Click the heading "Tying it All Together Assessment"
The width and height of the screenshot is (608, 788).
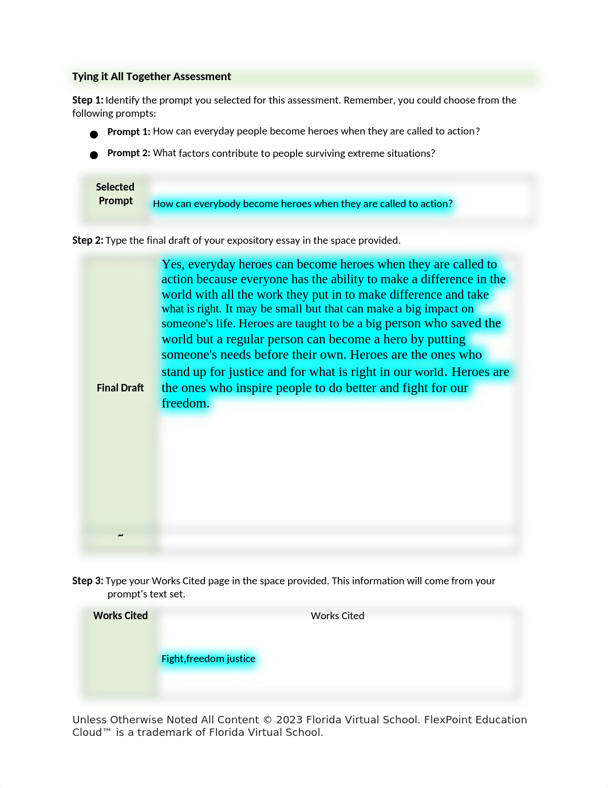pyautogui.click(x=151, y=77)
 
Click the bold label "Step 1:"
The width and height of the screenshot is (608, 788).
pyautogui.click(x=88, y=100)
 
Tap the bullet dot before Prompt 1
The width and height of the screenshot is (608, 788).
pyautogui.click(x=94, y=134)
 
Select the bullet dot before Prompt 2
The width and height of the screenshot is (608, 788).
pyautogui.click(x=94, y=155)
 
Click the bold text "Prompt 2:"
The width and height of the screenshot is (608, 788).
pyautogui.click(x=129, y=153)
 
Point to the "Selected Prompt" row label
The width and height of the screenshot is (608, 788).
pyautogui.click(x=115, y=194)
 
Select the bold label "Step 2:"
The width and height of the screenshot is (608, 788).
pyautogui.click(x=88, y=240)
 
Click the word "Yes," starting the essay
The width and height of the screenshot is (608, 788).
pyautogui.click(x=172, y=264)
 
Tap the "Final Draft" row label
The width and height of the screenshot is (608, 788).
pyautogui.click(x=120, y=388)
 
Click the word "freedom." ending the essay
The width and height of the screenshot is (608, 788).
pyautogui.click(x=185, y=403)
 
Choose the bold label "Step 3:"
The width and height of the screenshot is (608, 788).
pyautogui.click(x=88, y=581)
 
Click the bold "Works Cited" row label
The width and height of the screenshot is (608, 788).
pyautogui.click(x=120, y=616)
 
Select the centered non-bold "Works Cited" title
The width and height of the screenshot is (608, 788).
pyautogui.click(x=337, y=616)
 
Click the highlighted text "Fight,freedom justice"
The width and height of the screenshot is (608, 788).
pyautogui.click(x=208, y=659)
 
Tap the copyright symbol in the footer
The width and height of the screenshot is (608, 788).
pyautogui.click(x=267, y=720)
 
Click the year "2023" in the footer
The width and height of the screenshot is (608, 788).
pyautogui.click(x=289, y=720)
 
